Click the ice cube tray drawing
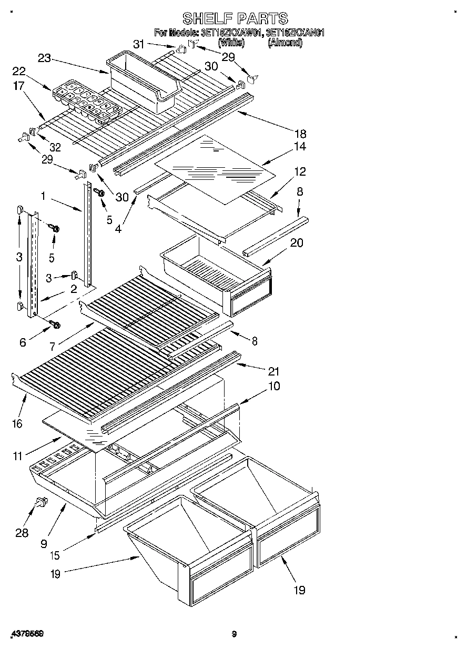click(x=87, y=99)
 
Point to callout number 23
click(x=44, y=59)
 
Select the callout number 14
click(x=300, y=147)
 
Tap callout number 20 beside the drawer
click(x=297, y=243)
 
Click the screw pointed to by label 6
click(x=54, y=324)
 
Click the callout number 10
click(x=273, y=386)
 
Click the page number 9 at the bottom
click(x=234, y=634)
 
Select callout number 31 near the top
click(x=138, y=45)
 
